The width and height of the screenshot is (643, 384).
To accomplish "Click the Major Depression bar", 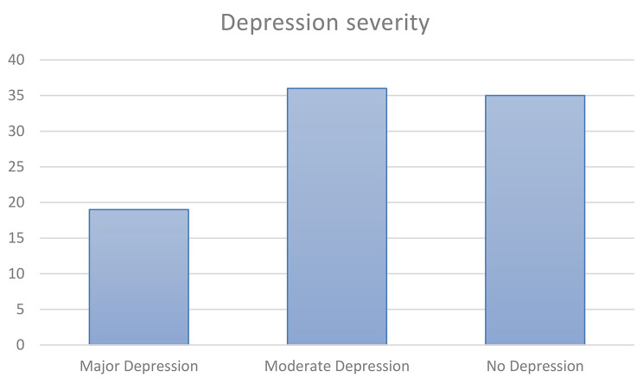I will point(138,277).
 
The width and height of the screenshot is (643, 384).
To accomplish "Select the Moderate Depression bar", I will point(336,216).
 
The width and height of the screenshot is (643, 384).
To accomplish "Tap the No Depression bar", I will point(535,220).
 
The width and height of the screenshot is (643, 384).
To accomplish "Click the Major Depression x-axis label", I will point(138,366).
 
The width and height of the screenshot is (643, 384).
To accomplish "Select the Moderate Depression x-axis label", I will point(336,366).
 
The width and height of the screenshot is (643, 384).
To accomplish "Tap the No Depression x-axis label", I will point(535,366).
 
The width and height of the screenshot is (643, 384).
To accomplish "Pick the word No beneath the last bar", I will point(495,366).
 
